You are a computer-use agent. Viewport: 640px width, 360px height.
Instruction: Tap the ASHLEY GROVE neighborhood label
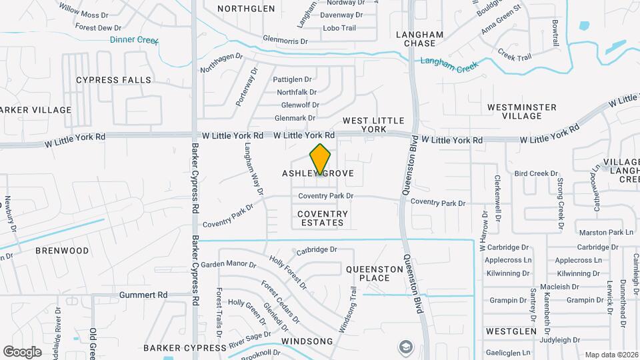[317, 173]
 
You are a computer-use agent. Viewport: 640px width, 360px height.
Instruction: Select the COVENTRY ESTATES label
[323, 219]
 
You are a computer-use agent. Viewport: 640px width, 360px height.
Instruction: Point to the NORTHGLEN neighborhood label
[246, 9]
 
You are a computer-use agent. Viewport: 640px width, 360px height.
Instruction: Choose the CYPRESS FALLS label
[113, 80]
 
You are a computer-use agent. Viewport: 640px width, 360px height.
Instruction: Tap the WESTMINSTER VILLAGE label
[522, 111]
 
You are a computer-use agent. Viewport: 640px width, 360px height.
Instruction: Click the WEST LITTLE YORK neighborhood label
[373, 125]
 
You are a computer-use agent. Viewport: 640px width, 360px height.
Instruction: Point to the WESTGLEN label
[511, 331]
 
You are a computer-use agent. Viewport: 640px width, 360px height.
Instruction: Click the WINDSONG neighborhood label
[307, 341]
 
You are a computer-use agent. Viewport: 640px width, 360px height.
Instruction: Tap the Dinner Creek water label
[134, 40]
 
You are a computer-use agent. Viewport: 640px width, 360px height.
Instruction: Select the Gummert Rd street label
[143, 295]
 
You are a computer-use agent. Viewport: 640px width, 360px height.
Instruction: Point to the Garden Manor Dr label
[229, 264]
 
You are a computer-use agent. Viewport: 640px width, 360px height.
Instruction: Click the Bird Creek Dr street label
[536, 173]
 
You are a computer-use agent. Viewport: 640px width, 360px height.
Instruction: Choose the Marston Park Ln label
[606, 232]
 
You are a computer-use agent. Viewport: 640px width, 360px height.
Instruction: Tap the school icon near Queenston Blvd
[405, 347]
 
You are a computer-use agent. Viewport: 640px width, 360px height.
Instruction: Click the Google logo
[22, 351]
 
